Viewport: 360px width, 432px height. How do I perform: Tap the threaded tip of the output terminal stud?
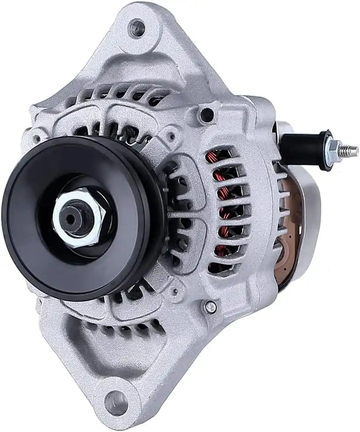353,148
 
